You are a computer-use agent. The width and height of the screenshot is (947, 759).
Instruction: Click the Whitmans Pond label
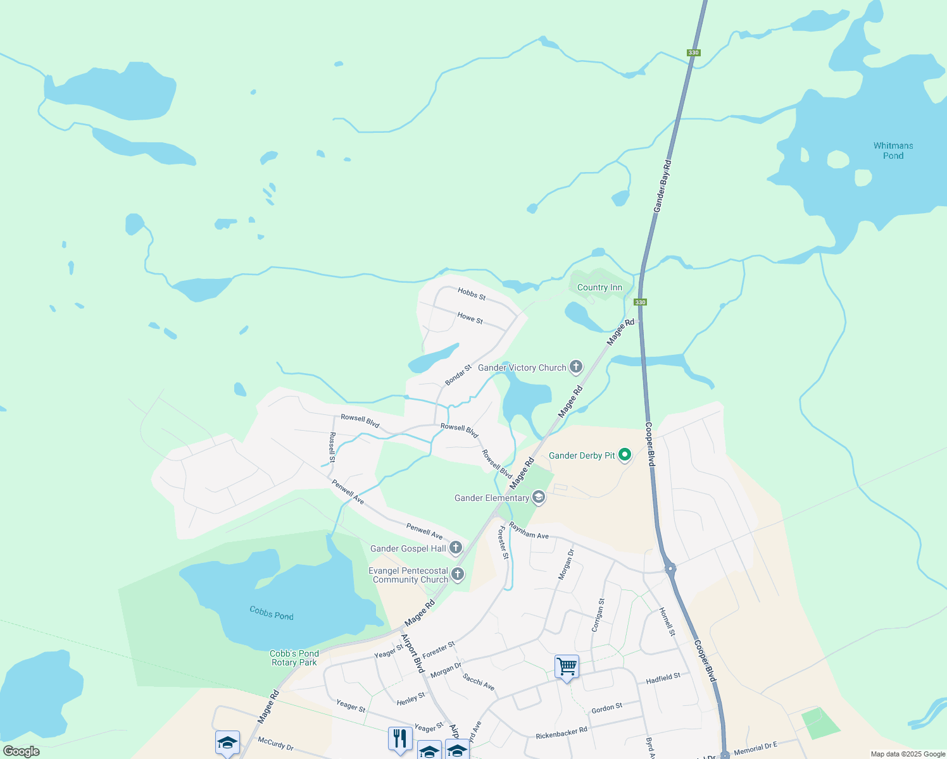point(893,151)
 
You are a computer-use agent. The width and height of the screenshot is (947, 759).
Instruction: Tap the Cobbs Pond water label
point(272,613)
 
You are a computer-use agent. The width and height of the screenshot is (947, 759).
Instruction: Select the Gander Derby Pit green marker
point(625,455)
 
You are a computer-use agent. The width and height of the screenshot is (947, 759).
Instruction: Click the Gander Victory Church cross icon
point(575,367)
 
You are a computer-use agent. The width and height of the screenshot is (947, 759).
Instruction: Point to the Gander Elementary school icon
point(538,498)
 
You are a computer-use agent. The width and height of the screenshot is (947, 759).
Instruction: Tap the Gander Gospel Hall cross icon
point(456,548)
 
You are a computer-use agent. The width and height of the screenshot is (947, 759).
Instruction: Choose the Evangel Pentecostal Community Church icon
point(458,574)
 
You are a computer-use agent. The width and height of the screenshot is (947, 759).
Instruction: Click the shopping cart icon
point(567,667)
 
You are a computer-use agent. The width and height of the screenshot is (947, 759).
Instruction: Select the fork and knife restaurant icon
point(400,738)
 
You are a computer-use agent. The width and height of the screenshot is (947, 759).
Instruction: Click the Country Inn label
point(599,287)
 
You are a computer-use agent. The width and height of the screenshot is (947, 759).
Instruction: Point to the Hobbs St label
point(472,293)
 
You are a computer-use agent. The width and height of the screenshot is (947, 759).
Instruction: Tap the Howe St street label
point(470,318)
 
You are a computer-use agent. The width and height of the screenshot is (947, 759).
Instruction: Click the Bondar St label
point(458,374)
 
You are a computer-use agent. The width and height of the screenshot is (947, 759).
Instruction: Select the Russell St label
point(332,447)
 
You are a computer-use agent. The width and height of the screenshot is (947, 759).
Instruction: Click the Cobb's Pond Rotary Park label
point(294,658)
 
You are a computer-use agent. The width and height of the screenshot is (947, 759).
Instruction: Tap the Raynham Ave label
point(529,531)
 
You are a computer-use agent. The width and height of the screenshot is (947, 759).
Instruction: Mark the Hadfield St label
point(663,679)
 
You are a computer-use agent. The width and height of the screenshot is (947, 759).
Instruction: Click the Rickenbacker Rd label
point(561,733)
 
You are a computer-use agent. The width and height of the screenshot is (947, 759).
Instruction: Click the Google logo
point(21,751)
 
